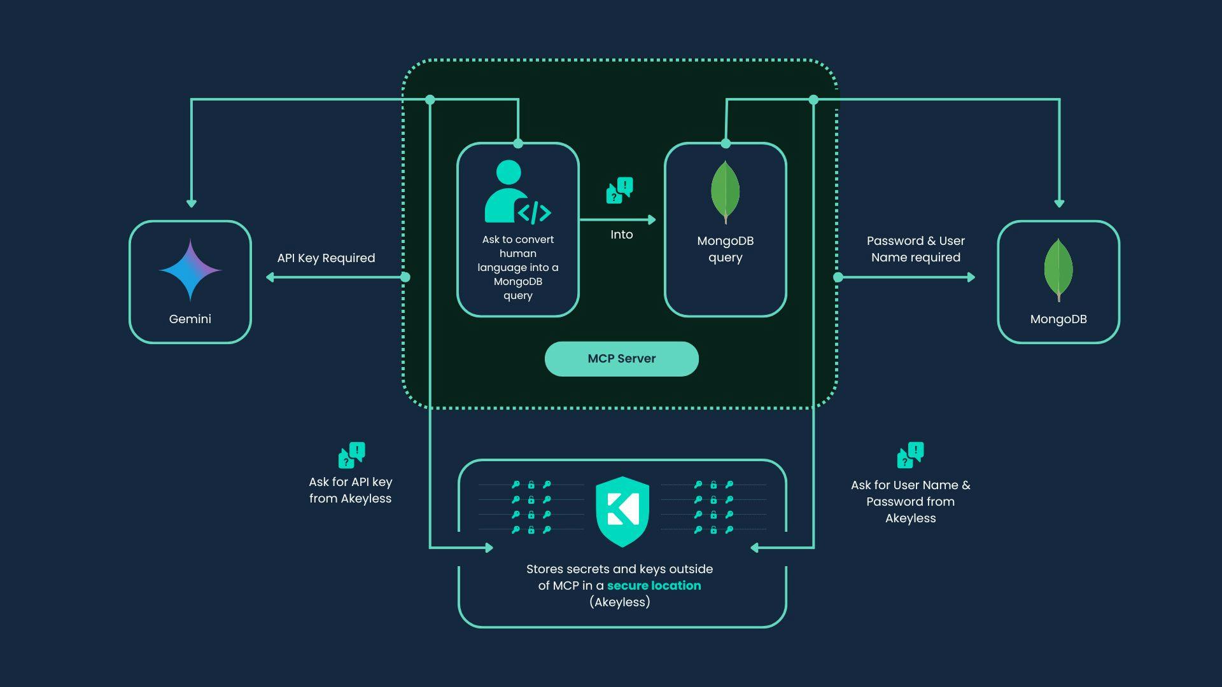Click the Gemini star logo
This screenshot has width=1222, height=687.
coord(190,270)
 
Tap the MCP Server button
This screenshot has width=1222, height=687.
coord(621,359)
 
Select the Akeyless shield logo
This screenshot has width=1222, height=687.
coord(622,511)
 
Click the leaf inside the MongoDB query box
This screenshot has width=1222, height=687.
coord(725,191)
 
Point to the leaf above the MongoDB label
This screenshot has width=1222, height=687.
coord(1058,269)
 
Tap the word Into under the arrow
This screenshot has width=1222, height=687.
coord(621,235)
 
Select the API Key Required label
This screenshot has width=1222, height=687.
coord(326,258)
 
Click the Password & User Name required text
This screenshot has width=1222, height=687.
coord(915,249)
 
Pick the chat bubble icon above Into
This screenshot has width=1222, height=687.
coord(619,190)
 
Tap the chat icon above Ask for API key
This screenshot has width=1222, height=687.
coord(351,455)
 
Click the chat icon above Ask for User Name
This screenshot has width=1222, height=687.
coord(909,455)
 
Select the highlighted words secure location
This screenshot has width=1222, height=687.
coord(654,586)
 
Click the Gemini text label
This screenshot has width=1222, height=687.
coord(190,319)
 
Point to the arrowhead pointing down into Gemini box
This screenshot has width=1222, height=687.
coord(191,203)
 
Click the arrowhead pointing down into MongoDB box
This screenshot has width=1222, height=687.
coord(1059,203)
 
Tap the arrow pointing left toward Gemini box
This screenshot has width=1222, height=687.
coord(270,277)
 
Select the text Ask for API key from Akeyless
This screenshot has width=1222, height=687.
coord(350,490)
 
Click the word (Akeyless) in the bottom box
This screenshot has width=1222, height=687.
coord(619,602)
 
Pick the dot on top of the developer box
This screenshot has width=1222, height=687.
coord(518,144)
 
